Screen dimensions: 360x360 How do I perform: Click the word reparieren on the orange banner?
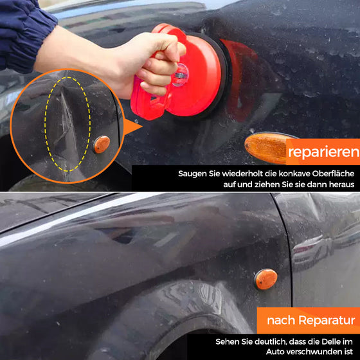[x=324, y=152]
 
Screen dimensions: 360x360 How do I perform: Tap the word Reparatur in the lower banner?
[x=327, y=320]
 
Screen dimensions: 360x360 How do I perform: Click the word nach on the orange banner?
[x=282, y=320]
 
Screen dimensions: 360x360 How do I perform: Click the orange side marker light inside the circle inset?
[x=102, y=145]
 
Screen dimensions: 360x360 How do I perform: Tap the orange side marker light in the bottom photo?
[x=265, y=279]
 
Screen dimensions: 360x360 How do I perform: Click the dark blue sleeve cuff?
[x=25, y=35]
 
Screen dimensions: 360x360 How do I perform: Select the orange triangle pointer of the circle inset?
[x=132, y=127]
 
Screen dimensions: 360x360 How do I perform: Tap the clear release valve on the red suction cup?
[x=180, y=75]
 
